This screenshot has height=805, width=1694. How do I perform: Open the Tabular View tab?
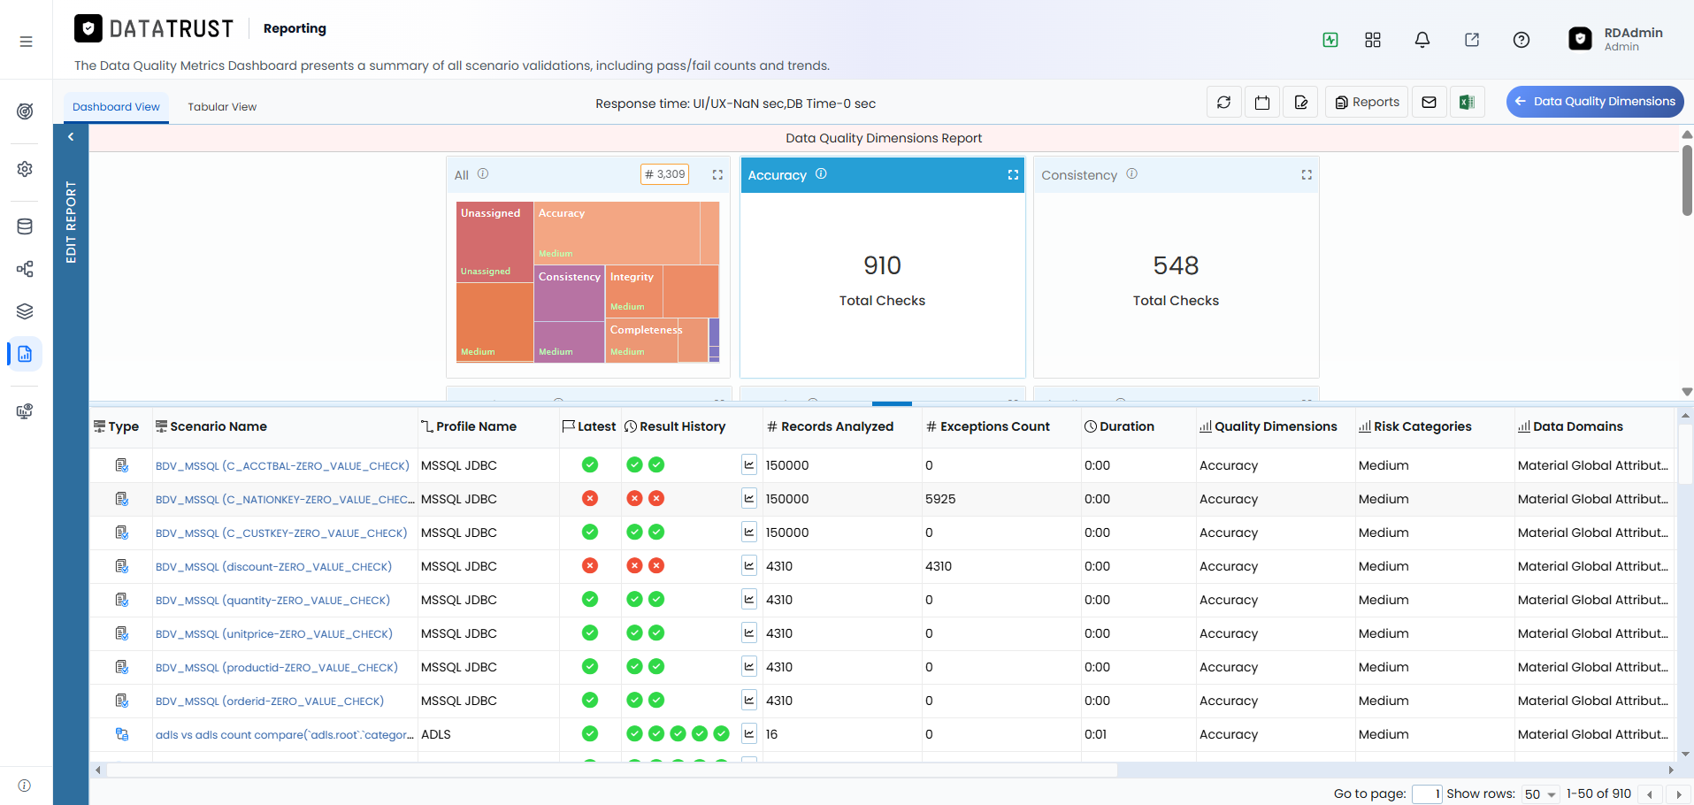(x=222, y=107)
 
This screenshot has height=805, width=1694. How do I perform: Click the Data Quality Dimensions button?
(x=1595, y=102)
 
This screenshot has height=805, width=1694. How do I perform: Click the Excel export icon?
(x=1467, y=103)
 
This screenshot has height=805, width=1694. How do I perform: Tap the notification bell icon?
(x=1422, y=40)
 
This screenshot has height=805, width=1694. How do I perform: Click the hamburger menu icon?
(x=27, y=42)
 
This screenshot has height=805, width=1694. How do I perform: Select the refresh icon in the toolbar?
(x=1224, y=103)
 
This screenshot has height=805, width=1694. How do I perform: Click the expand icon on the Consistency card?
(x=1307, y=175)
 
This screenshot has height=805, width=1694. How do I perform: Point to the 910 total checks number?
(x=882, y=265)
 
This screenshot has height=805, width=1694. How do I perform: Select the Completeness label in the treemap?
(x=646, y=330)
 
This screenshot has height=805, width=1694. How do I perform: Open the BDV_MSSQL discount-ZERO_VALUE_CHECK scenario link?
(x=273, y=567)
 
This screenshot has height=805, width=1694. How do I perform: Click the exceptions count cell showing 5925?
(x=940, y=499)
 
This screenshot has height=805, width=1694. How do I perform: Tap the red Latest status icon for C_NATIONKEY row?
(x=590, y=499)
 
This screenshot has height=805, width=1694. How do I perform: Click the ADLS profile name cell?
(x=436, y=734)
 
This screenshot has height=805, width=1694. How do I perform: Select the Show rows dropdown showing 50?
(x=1540, y=794)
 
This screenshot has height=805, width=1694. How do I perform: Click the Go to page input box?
(x=1427, y=794)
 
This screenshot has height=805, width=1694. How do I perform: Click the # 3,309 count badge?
(x=664, y=174)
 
